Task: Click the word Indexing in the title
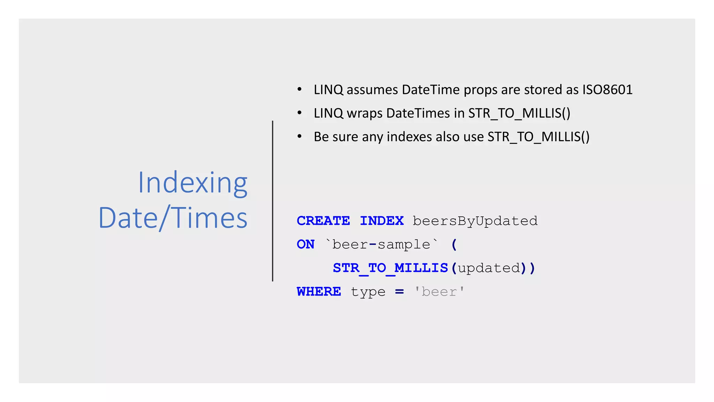(x=192, y=183)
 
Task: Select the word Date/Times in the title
(x=173, y=218)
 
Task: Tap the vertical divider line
(x=273, y=201)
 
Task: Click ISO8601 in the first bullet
(x=607, y=90)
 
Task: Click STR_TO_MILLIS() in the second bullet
(x=519, y=113)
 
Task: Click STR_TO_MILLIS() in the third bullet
(x=538, y=137)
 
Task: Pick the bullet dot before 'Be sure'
(x=299, y=136)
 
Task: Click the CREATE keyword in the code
(x=323, y=221)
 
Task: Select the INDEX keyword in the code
(x=382, y=221)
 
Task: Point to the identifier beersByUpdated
(x=475, y=221)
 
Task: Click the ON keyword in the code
(x=306, y=244)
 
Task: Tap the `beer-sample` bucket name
(x=381, y=244)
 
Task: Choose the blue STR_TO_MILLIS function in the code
(x=390, y=268)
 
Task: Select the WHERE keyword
(x=319, y=291)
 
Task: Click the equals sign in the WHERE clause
(x=400, y=291)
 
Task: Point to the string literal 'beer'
(x=439, y=291)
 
